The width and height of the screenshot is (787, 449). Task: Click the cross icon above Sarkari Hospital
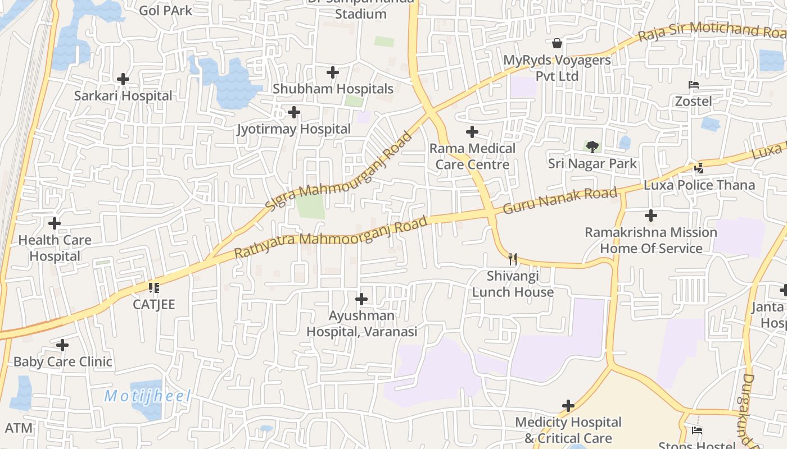click(x=123, y=79)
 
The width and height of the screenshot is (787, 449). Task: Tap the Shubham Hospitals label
click(x=333, y=89)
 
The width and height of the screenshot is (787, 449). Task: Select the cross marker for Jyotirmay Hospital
click(x=293, y=113)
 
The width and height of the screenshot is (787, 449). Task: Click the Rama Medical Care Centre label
click(x=472, y=156)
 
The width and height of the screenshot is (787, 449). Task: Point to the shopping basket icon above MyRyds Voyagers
click(x=557, y=43)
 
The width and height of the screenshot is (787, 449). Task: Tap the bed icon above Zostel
click(x=694, y=85)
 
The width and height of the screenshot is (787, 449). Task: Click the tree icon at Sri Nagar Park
click(x=592, y=147)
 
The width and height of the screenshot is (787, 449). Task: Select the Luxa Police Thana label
click(x=699, y=185)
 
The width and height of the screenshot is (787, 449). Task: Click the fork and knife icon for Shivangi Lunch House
click(x=512, y=259)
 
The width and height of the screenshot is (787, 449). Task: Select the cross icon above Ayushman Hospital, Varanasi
click(x=361, y=299)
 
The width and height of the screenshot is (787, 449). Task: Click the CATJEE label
click(x=153, y=304)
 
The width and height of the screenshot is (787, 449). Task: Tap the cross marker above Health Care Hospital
click(x=55, y=223)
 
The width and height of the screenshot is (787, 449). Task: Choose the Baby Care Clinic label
click(x=62, y=361)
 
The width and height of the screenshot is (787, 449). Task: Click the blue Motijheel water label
click(x=148, y=396)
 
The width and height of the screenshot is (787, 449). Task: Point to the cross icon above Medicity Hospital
click(x=568, y=405)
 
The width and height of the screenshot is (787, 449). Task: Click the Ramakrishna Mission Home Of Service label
click(x=651, y=240)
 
